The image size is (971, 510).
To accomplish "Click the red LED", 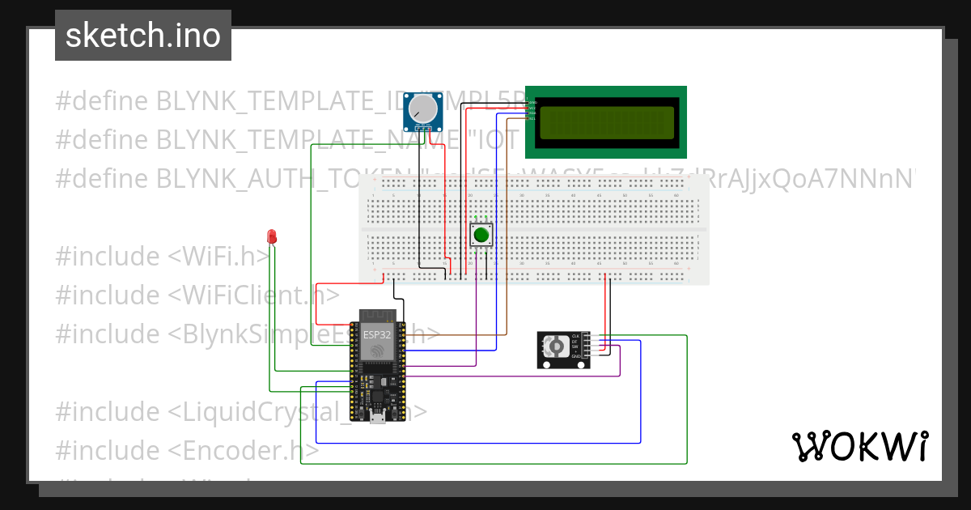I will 273,236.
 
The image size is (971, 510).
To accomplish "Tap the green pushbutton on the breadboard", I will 481,236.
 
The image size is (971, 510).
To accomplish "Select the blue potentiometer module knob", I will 422,108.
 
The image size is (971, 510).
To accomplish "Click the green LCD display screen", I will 606,121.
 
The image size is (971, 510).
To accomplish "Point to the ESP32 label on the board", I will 375,333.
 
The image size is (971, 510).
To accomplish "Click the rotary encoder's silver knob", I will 556,346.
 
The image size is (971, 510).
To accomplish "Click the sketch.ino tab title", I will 143,36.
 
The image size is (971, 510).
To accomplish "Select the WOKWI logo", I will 859,447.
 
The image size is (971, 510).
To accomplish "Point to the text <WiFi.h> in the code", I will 220,256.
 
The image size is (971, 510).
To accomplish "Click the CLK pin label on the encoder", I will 576,335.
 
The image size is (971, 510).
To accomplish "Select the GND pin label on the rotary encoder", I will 576,356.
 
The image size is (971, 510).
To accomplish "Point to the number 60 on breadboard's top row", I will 676,195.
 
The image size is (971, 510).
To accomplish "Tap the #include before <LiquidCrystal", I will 108,411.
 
